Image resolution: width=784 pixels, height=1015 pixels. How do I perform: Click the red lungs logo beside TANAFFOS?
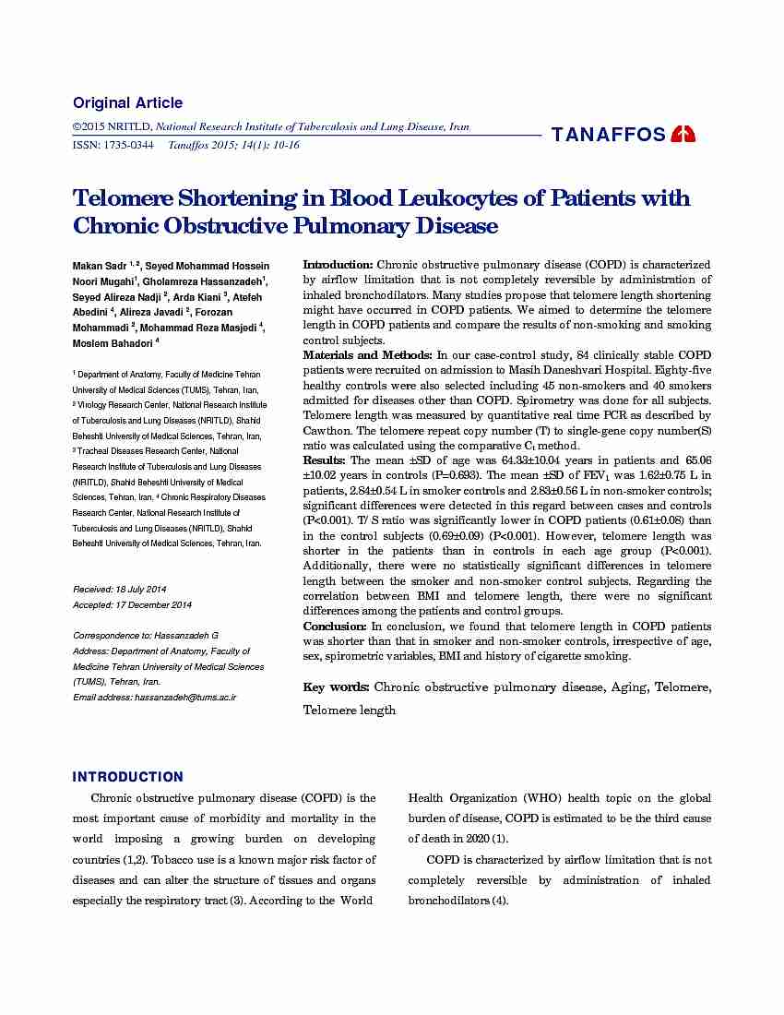coord(683,134)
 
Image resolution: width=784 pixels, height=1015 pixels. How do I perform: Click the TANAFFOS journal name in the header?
coord(608,135)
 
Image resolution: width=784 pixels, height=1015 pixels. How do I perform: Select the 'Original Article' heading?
coord(127,103)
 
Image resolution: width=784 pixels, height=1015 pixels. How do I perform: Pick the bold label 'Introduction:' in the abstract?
coord(339,265)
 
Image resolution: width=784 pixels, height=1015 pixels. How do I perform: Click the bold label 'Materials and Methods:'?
coord(368,355)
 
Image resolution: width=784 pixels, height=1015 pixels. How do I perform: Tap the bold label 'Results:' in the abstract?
coord(325,460)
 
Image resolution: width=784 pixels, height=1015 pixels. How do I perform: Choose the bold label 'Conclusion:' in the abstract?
coord(336,626)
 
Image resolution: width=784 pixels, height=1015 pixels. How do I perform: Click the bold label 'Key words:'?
coord(337,687)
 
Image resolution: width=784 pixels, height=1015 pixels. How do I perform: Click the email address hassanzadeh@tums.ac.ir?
coord(185,698)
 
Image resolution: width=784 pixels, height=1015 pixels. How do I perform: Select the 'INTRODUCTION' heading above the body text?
coord(128,777)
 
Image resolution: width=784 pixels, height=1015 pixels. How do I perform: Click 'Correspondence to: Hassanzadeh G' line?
coord(145,637)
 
